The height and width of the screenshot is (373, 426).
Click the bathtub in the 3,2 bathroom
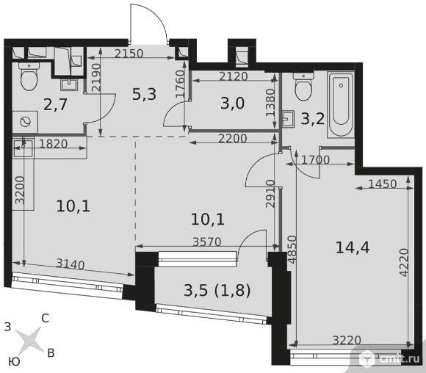[x=341, y=104]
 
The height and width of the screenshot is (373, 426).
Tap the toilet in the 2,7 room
[x=29, y=76]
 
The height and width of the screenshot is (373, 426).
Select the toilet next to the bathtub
[x=303, y=87]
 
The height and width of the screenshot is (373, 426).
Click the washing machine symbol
[x=25, y=122]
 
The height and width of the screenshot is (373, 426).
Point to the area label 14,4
[x=353, y=247]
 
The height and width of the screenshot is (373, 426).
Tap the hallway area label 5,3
[x=144, y=94]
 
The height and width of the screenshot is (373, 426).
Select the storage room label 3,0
[x=232, y=104]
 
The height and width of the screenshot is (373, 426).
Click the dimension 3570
[x=207, y=242]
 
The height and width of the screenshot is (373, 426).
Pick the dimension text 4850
[x=292, y=250]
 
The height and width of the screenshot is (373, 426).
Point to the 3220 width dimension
[x=347, y=340]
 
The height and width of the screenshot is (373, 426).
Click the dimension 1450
[x=383, y=184]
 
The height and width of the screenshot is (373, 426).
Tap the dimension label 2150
[x=129, y=54]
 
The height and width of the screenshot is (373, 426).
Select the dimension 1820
[x=54, y=144]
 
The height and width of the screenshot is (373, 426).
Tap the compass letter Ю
[x=14, y=361]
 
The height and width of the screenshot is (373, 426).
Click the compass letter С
[x=45, y=318]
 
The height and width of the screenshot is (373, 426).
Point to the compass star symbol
[x=29, y=340]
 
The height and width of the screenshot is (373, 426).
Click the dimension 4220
[x=404, y=262]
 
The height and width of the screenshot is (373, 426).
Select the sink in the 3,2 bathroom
[x=288, y=119]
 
